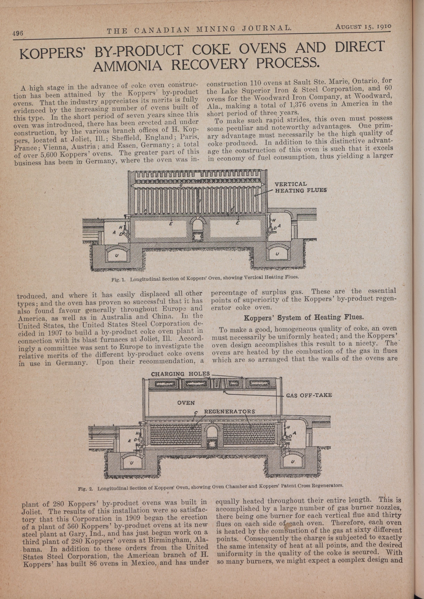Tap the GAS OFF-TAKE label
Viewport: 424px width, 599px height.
309,395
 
